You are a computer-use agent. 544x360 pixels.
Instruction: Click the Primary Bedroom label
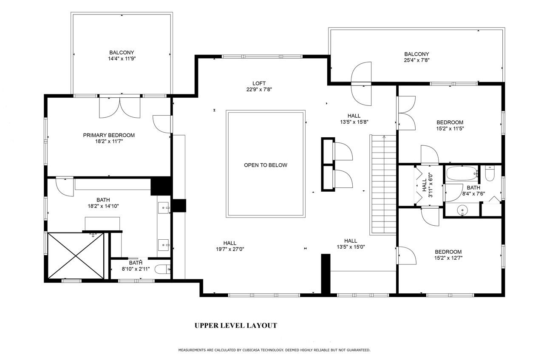point(109,135)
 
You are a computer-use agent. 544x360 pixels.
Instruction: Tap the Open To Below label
point(266,165)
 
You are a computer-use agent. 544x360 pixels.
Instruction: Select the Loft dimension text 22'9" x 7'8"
point(259,90)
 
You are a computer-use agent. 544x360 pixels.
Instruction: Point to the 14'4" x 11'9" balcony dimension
point(122,59)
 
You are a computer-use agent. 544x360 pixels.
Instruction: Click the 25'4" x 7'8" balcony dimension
point(416,60)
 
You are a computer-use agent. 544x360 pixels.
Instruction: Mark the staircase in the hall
point(383,185)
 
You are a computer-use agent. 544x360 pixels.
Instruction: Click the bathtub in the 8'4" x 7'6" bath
point(462,173)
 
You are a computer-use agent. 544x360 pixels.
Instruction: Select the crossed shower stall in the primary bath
point(76,256)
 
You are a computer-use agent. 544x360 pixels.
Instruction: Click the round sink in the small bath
point(462,210)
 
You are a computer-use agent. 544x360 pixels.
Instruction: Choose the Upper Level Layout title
point(236,326)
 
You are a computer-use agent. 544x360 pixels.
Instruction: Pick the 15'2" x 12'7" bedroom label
point(448,255)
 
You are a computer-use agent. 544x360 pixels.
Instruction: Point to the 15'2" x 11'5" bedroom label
point(450,125)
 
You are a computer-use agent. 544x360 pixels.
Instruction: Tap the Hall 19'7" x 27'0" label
point(230,246)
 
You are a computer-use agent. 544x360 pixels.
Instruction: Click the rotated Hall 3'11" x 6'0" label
point(427,185)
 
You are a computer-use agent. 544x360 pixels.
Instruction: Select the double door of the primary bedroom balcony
point(120,108)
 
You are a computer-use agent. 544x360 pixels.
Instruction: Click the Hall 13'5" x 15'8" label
point(354,119)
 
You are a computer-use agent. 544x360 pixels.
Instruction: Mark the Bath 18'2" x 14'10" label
point(103,203)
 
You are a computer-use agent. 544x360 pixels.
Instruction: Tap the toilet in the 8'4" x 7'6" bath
point(490,173)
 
